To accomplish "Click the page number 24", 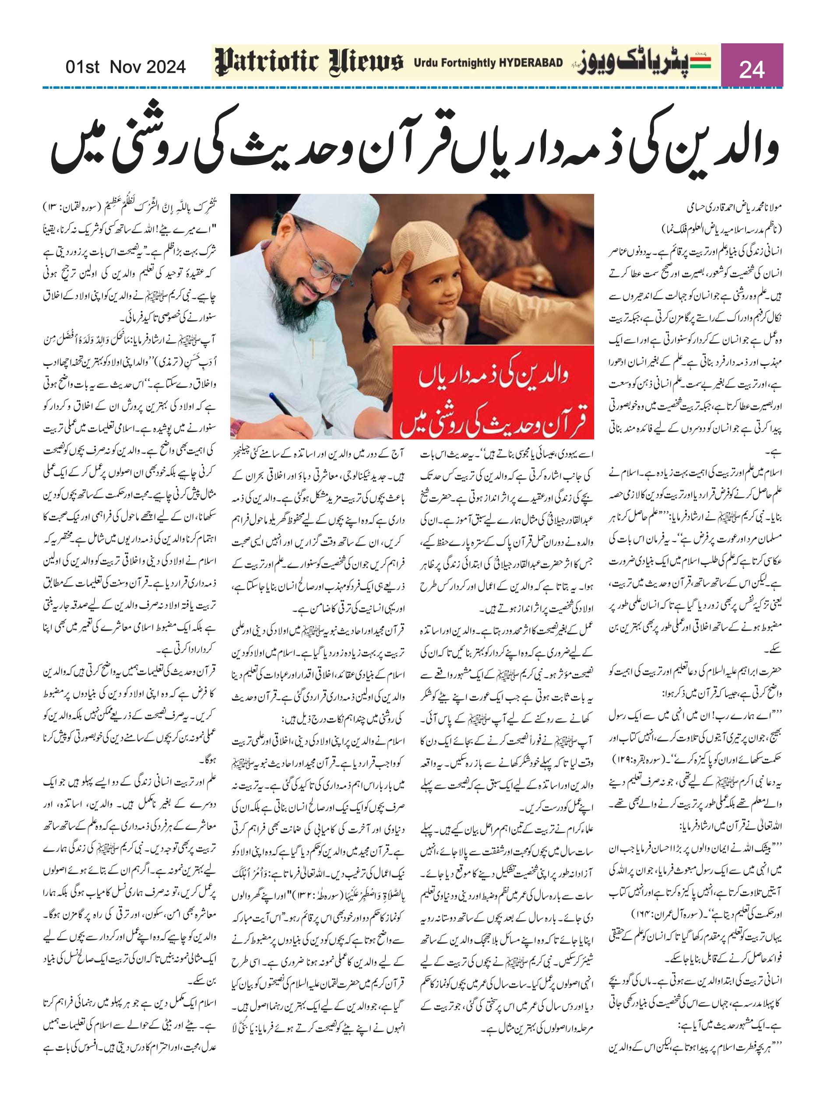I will pos(751,69).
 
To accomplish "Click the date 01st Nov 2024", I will pos(125,67).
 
